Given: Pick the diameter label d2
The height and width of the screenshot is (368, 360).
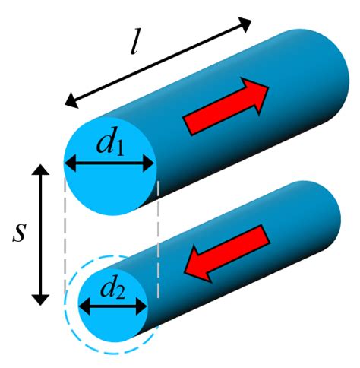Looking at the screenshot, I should point(111,289).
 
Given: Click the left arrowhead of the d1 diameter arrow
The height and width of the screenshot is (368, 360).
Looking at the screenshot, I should point(69,163).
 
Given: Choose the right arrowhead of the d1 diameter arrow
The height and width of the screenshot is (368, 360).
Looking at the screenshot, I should point(151,163).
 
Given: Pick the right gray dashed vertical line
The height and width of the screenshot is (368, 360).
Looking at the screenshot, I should point(157,236).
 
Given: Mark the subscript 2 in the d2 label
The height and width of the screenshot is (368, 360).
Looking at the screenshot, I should point(118,293).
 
